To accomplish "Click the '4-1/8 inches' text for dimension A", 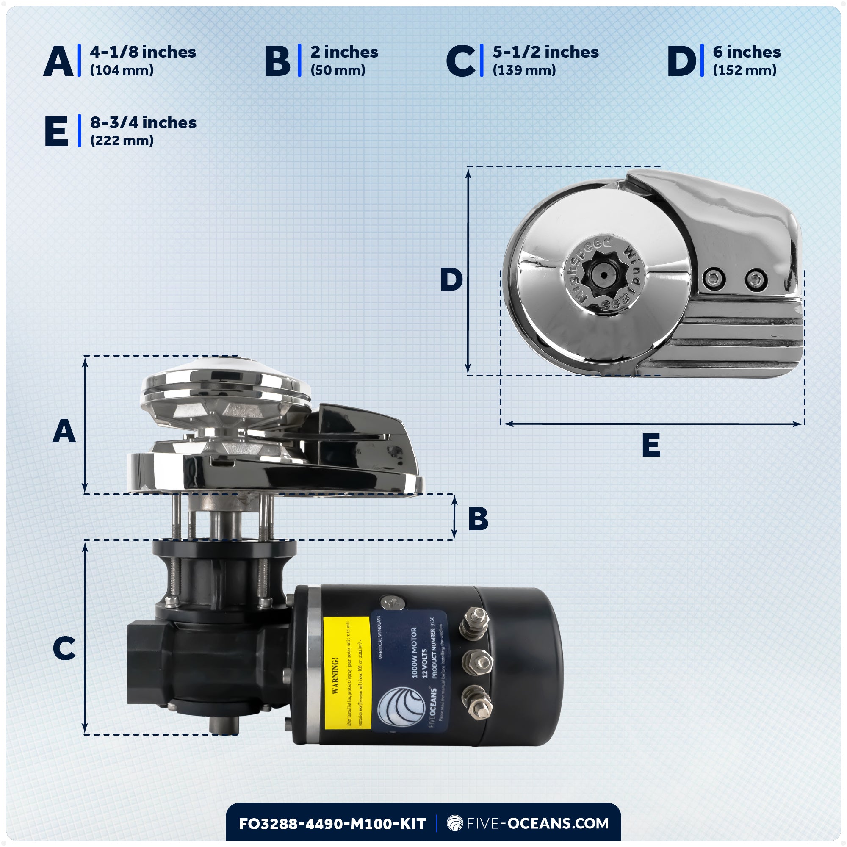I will (x=143, y=52).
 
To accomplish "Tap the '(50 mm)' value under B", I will (x=338, y=70).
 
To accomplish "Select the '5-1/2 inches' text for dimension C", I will (x=545, y=52).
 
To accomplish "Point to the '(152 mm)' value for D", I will (x=745, y=70).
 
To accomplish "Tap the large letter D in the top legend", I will (x=681, y=61).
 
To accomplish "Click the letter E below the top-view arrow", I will (x=651, y=446).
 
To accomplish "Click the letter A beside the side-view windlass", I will (x=64, y=431).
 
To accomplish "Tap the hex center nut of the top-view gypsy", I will (x=603, y=275).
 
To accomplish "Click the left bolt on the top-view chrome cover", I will (x=714, y=279).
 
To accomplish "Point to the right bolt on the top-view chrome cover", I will (x=756, y=279).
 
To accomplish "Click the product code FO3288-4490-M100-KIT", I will (x=332, y=824).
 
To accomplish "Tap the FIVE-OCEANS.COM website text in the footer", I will (x=537, y=823).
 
